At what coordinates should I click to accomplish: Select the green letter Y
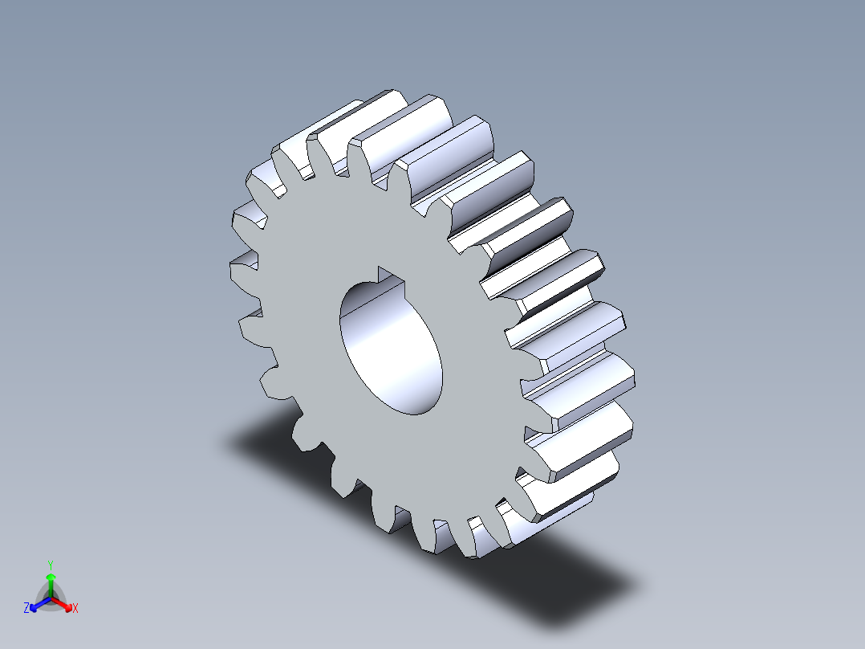point(50,565)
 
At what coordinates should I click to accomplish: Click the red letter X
point(75,609)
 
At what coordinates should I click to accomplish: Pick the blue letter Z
point(26,609)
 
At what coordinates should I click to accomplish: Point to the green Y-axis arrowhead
point(50,578)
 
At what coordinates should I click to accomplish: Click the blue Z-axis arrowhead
point(35,605)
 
